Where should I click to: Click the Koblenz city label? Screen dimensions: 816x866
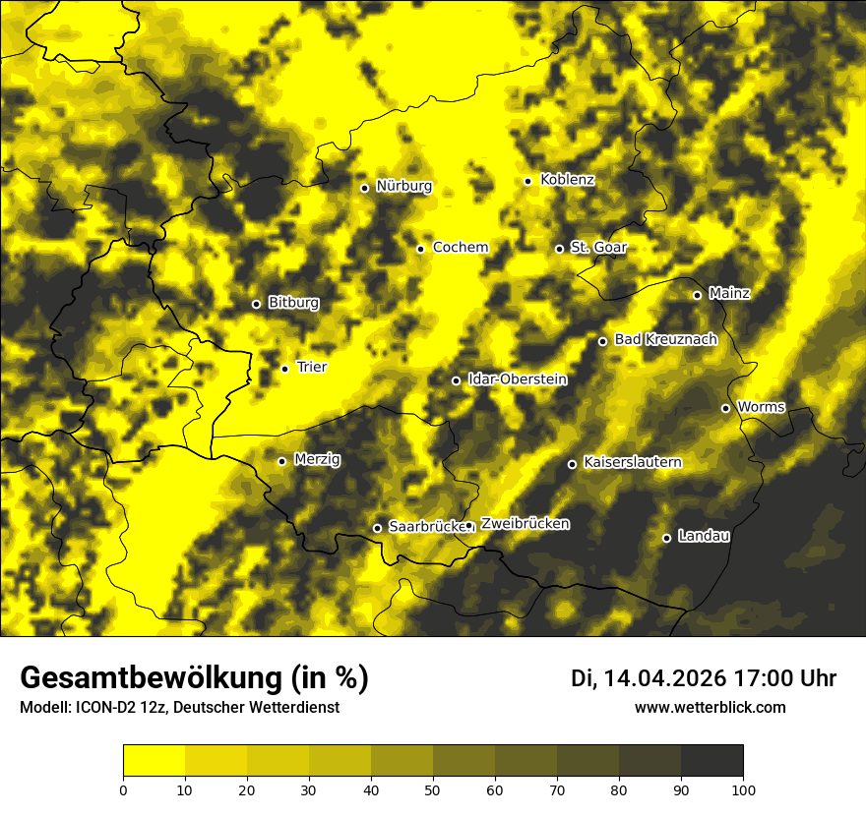coord(568,180)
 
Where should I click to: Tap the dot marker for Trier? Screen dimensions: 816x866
coord(285,369)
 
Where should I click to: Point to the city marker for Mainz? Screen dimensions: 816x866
coord(697,295)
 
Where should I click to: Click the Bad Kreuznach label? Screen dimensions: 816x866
coord(665,339)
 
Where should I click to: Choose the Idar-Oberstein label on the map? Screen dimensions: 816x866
coord(517,379)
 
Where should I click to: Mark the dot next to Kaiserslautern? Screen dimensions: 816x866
coord(572,464)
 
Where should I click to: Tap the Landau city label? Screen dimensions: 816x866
coord(704,536)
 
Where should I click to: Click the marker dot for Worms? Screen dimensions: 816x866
coord(725,408)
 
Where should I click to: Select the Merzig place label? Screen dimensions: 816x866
coord(317,459)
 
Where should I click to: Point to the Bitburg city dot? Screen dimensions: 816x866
coord(256,304)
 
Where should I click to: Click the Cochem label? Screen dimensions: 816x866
coord(461,247)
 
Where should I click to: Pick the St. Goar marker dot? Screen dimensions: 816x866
coord(559,249)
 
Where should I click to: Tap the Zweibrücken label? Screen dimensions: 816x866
coord(525,524)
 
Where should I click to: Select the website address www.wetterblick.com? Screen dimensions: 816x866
coord(710,707)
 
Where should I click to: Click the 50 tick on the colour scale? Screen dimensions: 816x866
coord(433,788)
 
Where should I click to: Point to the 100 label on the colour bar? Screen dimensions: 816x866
coord(743,788)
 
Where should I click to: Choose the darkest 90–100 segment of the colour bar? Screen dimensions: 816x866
coord(711,760)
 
